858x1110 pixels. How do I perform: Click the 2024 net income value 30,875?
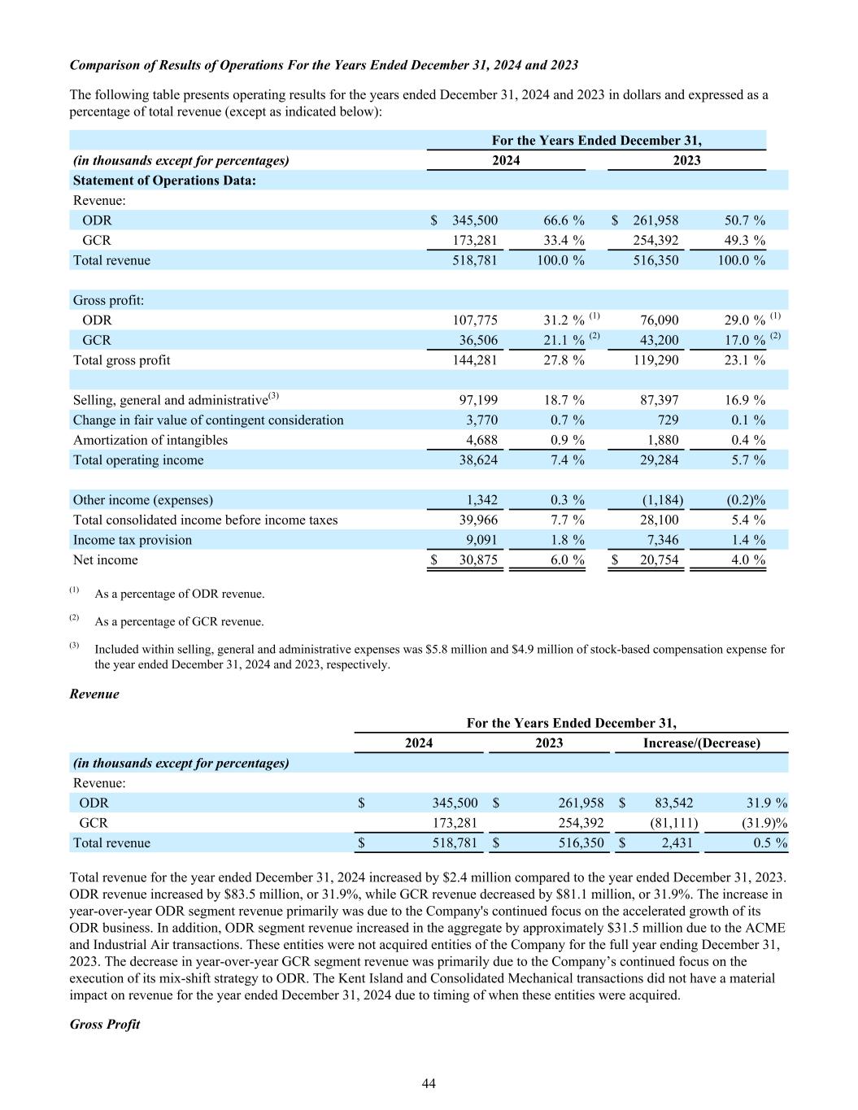point(475,560)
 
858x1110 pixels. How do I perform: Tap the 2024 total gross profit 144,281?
point(475,360)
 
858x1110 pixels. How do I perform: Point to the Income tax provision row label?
point(133,540)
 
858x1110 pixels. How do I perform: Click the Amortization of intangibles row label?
point(150,440)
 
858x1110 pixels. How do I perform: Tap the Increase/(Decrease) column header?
point(701,743)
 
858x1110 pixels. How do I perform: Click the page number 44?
point(429,1083)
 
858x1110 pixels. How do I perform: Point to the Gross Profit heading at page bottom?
point(105,1025)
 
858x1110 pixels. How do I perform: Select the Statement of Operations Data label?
point(165,181)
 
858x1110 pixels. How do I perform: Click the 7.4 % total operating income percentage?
point(564,460)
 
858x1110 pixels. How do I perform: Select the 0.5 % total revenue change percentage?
point(768,843)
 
